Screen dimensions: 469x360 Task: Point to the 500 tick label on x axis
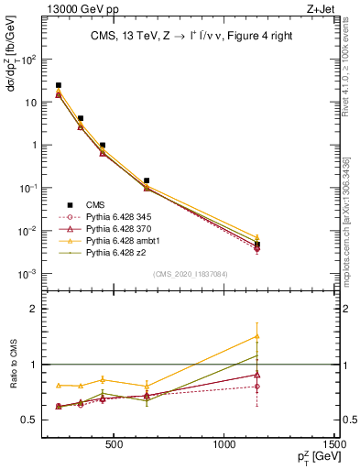tap(115, 445)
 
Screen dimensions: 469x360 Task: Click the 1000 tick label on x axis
tap(224, 445)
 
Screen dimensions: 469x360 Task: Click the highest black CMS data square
tap(59, 85)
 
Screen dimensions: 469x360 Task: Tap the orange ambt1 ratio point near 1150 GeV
tap(257, 336)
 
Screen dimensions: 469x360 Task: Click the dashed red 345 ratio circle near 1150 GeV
tap(257, 387)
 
